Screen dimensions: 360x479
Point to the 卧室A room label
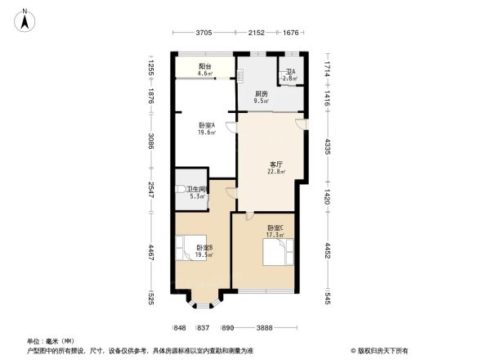pos(206,126)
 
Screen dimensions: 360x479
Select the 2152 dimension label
pos(257,33)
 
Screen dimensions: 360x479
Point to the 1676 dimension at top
pos(291,33)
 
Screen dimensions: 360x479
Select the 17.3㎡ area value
pos(274,235)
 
